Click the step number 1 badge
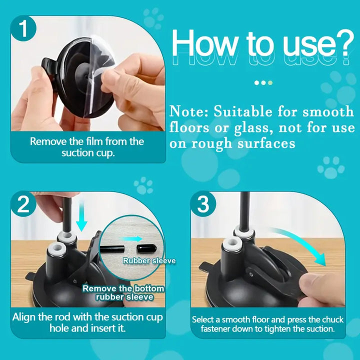point(23,29)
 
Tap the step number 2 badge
point(23,205)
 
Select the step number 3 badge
point(202,205)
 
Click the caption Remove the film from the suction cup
point(87,147)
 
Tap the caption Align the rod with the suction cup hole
point(87,322)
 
